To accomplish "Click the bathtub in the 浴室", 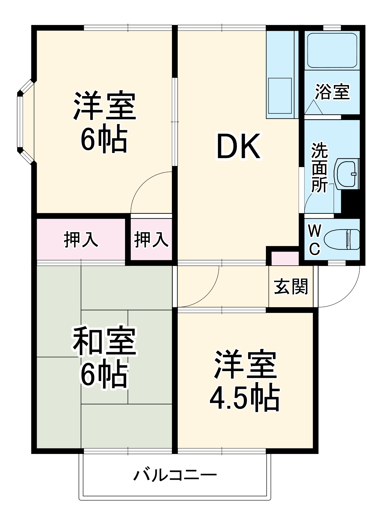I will (332, 50).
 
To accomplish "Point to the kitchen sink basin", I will (280, 96).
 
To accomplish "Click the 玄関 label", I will (291, 287).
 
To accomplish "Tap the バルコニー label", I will (175, 475).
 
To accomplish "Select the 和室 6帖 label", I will (104, 358).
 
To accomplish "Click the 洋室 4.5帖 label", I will (245, 381).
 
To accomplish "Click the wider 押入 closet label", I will (81, 239).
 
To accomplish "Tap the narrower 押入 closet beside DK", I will (151, 239).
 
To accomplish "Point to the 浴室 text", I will (332, 92).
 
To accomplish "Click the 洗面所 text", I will (319, 167).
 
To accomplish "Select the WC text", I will (315, 240).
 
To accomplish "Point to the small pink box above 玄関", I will (285, 258).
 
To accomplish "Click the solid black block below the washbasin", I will (350, 202).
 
